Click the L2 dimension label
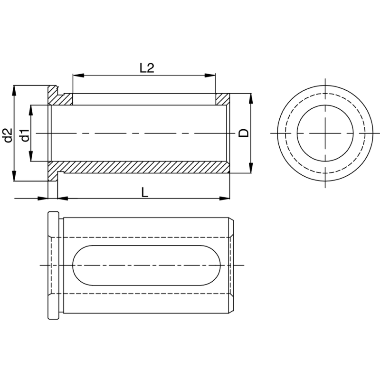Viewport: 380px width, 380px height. (x=147, y=68)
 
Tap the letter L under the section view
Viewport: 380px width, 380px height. (x=145, y=192)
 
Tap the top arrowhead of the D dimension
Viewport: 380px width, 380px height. (x=251, y=96)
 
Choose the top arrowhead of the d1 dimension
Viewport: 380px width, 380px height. (x=31, y=108)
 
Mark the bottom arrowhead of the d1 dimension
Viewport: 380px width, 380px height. (x=31, y=159)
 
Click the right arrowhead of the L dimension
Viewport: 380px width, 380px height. (x=227, y=198)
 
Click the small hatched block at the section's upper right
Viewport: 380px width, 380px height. (x=222, y=99)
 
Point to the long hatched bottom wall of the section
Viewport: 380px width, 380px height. (x=142, y=167)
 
